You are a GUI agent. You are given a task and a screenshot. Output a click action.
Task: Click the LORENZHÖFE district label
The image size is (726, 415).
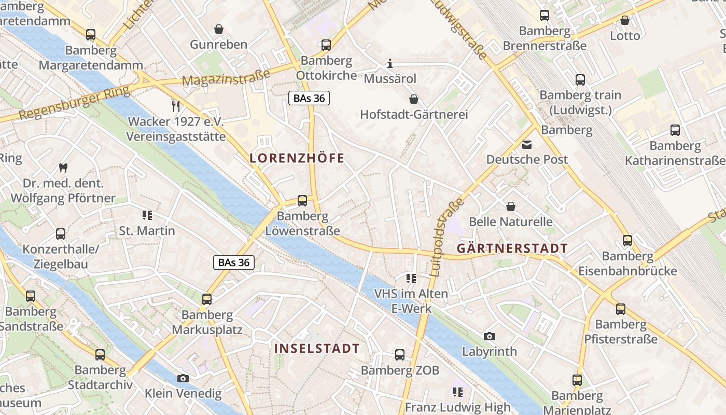[x=297, y=158]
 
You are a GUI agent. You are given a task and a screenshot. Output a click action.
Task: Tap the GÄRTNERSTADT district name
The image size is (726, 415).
[x=512, y=248]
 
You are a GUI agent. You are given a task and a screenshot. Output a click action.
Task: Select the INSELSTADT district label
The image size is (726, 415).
[x=317, y=349]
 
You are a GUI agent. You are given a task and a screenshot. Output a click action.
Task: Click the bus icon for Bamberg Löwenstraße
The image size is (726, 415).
[x=302, y=201]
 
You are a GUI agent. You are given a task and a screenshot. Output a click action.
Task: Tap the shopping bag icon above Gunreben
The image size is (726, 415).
[x=219, y=29]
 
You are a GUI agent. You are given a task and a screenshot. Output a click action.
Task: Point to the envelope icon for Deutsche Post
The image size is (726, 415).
[x=527, y=145]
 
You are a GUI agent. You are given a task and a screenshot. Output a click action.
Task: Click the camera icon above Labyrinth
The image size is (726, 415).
[x=489, y=337]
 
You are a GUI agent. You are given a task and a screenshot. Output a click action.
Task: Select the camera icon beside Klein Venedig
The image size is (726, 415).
[x=183, y=379]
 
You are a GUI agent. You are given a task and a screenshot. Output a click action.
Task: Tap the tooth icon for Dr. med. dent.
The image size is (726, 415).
[x=63, y=168]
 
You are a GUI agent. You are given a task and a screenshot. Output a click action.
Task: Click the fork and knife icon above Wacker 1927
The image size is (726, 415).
[x=176, y=106]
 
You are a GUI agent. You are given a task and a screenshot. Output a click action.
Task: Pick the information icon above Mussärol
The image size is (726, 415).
[x=390, y=64]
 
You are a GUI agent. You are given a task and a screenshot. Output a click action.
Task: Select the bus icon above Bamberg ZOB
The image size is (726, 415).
[x=400, y=355]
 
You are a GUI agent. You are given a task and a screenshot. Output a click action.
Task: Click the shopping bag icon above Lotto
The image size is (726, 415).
[x=625, y=21]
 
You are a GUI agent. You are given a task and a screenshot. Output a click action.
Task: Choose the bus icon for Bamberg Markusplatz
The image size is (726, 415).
[x=207, y=299]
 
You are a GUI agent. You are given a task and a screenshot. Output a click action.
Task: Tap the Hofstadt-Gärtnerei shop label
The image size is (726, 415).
[x=414, y=114]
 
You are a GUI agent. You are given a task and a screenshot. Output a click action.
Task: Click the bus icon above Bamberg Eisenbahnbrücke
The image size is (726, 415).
[x=627, y=241]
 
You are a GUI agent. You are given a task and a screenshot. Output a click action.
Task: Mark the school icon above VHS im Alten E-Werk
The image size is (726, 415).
[x=411, y=279]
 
